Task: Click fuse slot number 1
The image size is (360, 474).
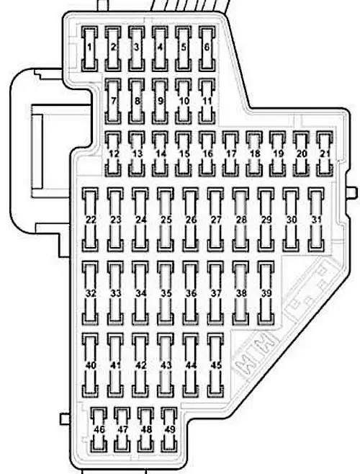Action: (x=89, y=49)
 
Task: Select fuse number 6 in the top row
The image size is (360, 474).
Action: (x=207, y=49)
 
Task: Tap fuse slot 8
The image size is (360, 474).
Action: (x=137, y=102)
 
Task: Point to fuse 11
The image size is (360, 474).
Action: (x=207, y=102)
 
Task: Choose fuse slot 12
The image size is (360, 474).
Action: (x=113, y=154)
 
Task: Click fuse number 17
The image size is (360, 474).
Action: (x=230, y=154)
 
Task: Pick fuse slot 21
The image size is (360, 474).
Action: (x=325, y=154)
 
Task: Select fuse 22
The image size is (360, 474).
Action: (x=90, y=220)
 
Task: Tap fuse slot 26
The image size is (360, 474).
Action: (x=191, y=220)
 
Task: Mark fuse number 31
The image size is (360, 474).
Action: (x=317, y=220)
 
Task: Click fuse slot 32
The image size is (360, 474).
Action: (x=90, y=293)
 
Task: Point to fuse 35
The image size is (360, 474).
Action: (x=166, y=293)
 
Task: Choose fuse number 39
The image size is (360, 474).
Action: (x=266, y=293)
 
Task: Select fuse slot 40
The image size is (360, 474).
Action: (x=90, y=365)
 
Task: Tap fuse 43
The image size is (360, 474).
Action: (x=166, y=365)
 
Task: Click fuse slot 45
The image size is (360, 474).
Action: (x=216, y=365)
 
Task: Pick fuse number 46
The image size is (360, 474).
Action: (x=99, y=429)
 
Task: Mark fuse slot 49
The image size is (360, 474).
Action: (x=169, y=429)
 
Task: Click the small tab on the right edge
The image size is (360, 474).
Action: (x=353, y=192)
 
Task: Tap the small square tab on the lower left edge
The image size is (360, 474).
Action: (x=65, y=419)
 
